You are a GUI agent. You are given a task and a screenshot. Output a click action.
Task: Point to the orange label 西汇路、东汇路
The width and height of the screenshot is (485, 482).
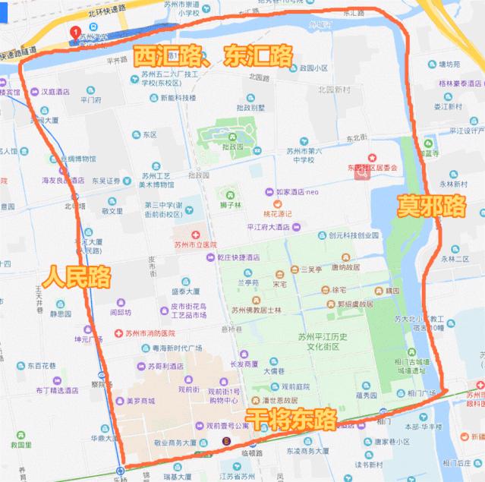click(213, 55)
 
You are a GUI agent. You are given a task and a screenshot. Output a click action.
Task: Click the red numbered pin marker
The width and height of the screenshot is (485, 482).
click(75, 33)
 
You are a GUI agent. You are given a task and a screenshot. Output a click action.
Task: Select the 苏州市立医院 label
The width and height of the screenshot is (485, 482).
click(195, 244)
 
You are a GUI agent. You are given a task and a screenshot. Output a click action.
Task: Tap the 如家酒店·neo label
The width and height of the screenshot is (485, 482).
click(298, 192)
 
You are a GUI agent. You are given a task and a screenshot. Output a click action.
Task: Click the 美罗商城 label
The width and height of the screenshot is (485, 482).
click(140, 401)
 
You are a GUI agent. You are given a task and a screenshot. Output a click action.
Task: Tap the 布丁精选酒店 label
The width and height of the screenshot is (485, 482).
click(57, 390)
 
